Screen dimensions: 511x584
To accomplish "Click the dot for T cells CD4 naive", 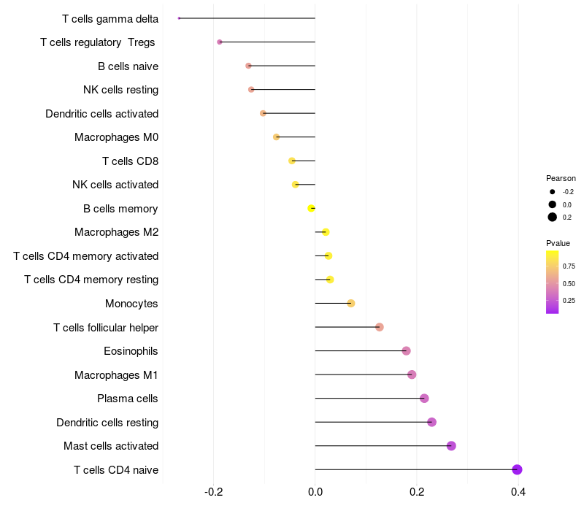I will pos(517,469).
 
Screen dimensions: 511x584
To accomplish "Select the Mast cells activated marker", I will pos(451,446).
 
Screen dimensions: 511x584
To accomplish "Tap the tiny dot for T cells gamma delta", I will pos(179,18).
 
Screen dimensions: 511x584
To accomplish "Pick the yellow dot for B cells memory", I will pos(312,208).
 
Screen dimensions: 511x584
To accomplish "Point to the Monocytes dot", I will pos(351,303).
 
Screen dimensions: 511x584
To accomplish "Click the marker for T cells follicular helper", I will pos(380,327).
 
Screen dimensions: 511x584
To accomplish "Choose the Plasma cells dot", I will pos(424,398).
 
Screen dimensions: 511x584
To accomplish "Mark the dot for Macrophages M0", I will pos(276,137).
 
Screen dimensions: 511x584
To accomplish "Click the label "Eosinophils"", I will pos(131,351).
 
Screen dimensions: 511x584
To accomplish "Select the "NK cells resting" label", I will pos(120,90).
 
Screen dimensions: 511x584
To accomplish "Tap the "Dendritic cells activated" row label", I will pos(101,114).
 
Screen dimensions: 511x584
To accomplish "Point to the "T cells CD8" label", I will pos(130,161).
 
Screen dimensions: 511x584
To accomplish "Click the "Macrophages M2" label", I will pos(116,232).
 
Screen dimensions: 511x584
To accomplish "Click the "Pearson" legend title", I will pos(561,178).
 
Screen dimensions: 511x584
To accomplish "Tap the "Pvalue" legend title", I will pos(558,243).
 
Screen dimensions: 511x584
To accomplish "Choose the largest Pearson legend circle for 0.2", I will pos(553,217).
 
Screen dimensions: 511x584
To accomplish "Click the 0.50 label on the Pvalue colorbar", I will pos(569,283).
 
